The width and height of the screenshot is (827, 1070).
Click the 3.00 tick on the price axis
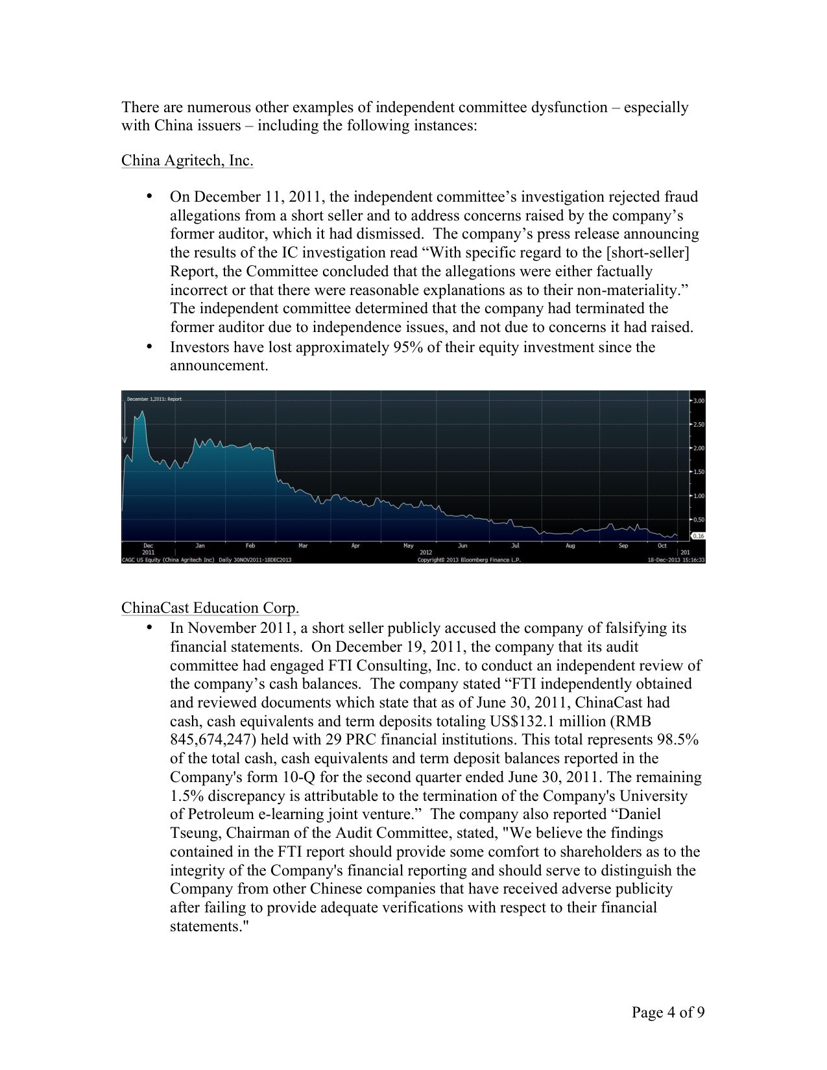698,401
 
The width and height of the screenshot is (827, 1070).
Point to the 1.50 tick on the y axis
698,472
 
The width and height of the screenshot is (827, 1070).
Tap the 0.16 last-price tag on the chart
698,536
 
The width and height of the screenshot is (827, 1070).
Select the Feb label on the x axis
250,546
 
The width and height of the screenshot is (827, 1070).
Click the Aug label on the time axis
570,546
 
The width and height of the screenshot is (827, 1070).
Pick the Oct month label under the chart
662,546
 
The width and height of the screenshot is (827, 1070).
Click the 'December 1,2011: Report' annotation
154,399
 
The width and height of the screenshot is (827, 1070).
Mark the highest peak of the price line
142,411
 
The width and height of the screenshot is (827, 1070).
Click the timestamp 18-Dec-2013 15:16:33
676,560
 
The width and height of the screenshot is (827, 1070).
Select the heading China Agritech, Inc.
187,160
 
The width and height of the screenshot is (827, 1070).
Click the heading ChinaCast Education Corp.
210,608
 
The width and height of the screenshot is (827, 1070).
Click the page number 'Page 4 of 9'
668,1012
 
